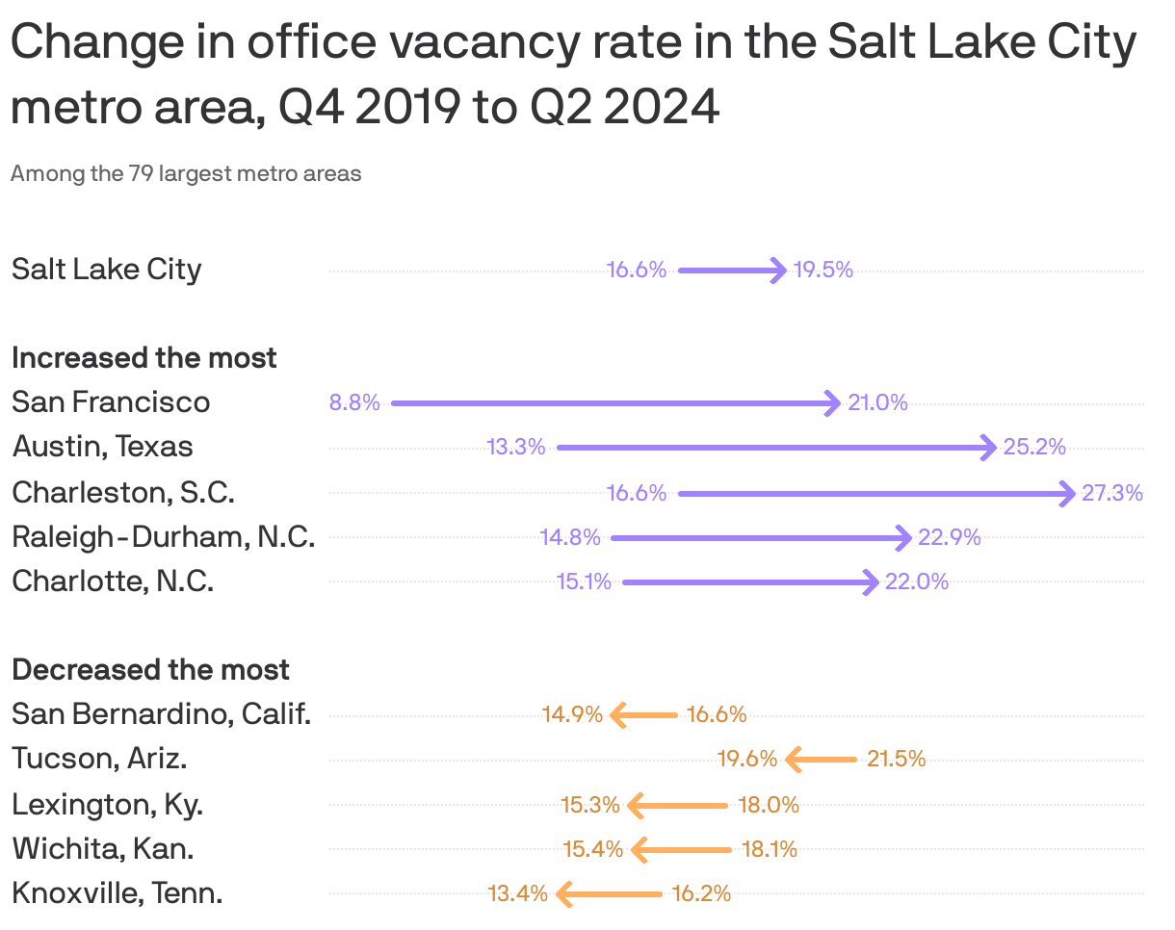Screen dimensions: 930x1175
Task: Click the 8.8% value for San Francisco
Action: tap(354, 403)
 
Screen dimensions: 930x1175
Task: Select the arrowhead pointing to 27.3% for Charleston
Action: tap(1067, 494)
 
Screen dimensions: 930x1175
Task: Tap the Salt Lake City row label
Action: tap(106, 270)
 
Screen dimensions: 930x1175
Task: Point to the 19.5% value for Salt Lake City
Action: tap(823, 271)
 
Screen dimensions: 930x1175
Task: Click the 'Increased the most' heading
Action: tap(144, 358)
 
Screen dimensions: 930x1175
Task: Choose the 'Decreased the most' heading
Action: tap(150, 670)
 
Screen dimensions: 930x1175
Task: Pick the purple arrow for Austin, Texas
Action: tap(775, 448)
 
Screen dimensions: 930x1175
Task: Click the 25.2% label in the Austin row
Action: tap(1034, 448)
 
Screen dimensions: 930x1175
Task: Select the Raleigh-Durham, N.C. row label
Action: tap(163, 537)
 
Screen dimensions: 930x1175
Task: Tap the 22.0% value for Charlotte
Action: tap(917, 582)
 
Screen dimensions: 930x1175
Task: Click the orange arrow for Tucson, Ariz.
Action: tap(821, 760)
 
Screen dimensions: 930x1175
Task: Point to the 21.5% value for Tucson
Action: tap(896, 760)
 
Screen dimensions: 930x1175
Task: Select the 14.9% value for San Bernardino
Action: tap(572, 715)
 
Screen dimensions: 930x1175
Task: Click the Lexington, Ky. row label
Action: tap(107, 805)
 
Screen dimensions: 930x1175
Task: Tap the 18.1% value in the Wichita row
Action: tap(769, 850)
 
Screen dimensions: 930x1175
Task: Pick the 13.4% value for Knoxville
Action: tap(518, 894)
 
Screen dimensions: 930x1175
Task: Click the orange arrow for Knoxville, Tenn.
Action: tap(610, 894)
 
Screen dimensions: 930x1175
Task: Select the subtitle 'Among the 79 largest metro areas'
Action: tap(186, 174)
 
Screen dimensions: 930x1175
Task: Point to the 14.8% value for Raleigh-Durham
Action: tap(570, 538)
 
